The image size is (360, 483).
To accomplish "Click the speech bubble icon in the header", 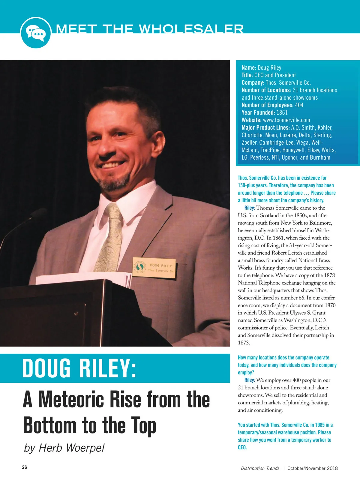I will (35, 32).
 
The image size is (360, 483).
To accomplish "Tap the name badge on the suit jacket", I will (154, 267).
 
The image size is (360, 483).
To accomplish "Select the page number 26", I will (25, 467).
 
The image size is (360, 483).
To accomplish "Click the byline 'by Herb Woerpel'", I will (64, 448).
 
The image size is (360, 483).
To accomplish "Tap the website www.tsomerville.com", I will (286, 120).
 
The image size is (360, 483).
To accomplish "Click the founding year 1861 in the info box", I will (282, 112).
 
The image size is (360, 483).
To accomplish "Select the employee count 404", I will (299, 105).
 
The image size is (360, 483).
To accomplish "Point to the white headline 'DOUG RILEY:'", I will (79, 368).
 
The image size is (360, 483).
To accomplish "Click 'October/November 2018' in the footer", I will (312, 468).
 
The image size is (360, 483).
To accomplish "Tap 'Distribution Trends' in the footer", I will (260, 468).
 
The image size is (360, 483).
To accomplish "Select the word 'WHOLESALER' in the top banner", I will (191, 29).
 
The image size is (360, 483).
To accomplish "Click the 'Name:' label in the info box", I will (249, 68).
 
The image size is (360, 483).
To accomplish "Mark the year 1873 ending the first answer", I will (244, 343).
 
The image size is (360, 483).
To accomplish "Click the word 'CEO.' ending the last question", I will (242, 447).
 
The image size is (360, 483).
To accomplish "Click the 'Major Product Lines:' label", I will (265, 127).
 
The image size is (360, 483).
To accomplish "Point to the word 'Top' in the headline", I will (143, 425).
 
